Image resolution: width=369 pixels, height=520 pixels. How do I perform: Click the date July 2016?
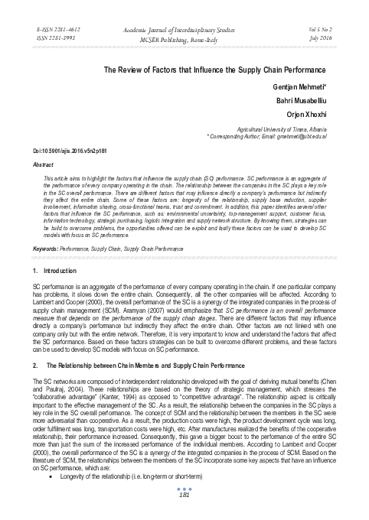click(323, 36)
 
